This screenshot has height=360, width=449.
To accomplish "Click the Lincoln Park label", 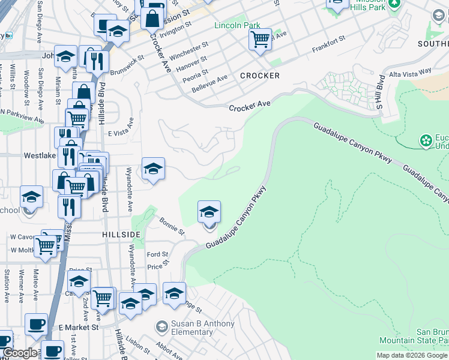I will pyautogui.click(x=238, y=26).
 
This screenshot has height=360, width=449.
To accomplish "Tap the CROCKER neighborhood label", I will pyautogui.click(x=260, y=76).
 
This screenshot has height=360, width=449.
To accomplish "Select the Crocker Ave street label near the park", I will pyautogui.click(x=250, y=106).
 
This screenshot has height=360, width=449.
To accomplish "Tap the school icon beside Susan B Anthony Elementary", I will pyautogui.click(x=161, y=327).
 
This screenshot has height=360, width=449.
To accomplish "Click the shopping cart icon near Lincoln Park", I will pyautogui.click(x=260, y=40).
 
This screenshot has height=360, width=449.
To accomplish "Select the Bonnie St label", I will pyautogui.click(x=172, y=226).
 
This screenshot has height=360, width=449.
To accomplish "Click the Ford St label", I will pyautogui.click(x=158, y=254).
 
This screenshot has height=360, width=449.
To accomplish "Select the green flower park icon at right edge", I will pyautogui.click(x=426, y=141).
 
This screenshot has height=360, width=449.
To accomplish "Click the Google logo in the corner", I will pyautogui.click(x=20, y=353).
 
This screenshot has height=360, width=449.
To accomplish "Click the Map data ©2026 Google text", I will pyautogui.click(x=411, y=355).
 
